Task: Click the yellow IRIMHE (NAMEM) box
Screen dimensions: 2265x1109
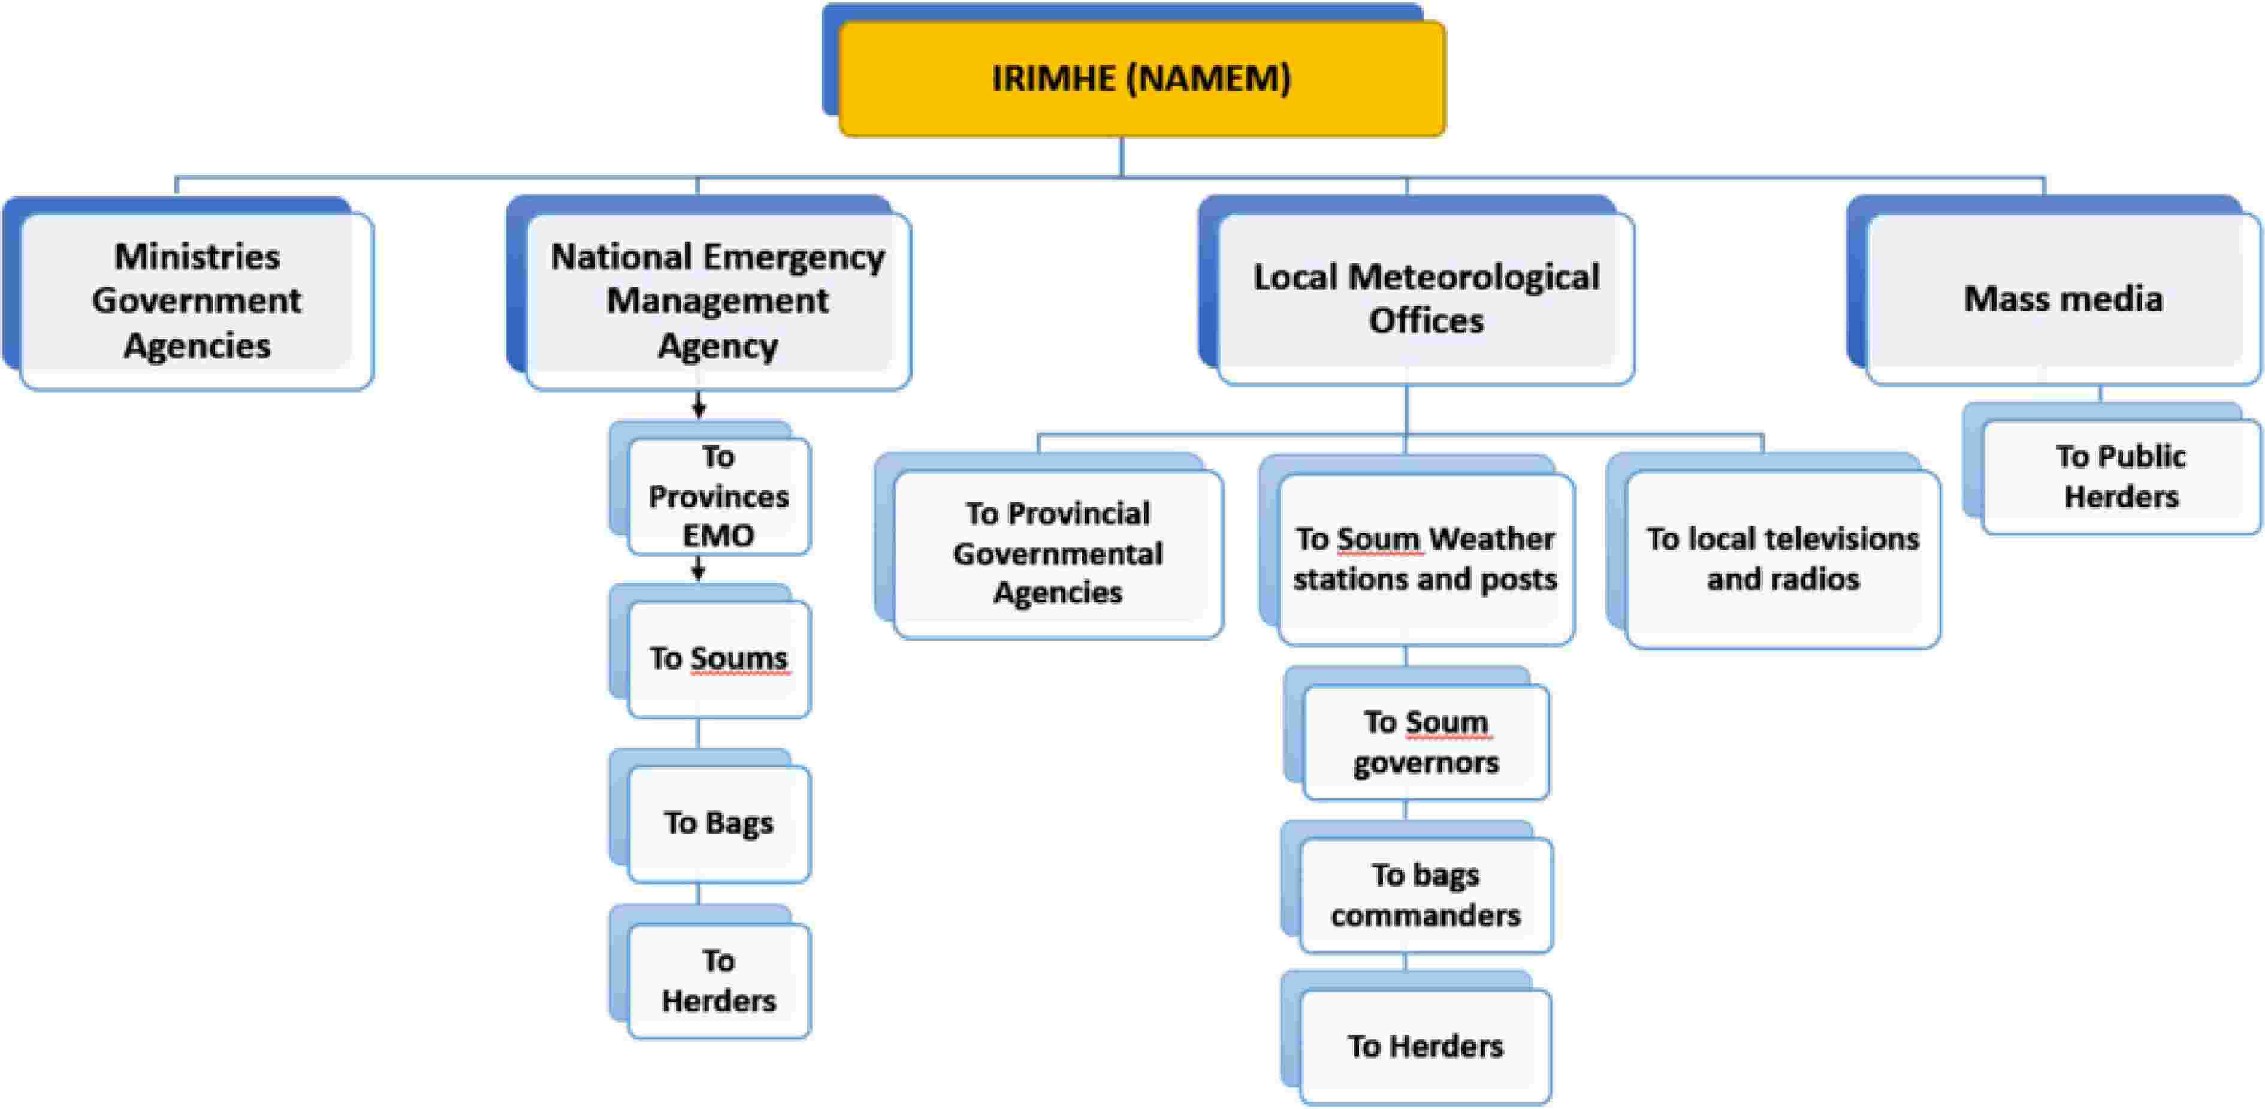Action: (x=1141, y=79)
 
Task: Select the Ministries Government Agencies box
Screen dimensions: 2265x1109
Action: (x=197, y=301)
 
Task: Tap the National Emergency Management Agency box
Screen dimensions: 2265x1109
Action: (x=717, y=301)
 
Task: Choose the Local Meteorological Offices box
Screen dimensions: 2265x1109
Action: (x=1426, y=299)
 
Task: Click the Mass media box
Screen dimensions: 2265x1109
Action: (x=2062, y=299)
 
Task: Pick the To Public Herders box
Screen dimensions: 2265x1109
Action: (x=2121, y=477)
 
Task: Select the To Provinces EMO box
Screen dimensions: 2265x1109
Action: (x=718, y=496)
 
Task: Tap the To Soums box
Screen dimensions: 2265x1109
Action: (x=718, y=659)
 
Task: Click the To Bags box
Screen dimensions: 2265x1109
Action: (x=718, y=823)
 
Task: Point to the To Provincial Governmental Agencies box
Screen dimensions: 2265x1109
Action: (x=1058, y=554)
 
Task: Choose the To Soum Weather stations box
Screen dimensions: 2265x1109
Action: (x=1426, y=559)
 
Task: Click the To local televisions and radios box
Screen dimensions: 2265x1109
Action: (x=1782, y=559)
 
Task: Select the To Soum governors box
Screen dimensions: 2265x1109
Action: (x=1426, y=742)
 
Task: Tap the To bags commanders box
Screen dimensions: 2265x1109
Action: (x=1426, y=895)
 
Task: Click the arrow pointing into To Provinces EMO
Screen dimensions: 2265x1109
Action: (x=699, y=405)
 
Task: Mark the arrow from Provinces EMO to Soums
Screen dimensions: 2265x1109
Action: (x=699, y=568)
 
